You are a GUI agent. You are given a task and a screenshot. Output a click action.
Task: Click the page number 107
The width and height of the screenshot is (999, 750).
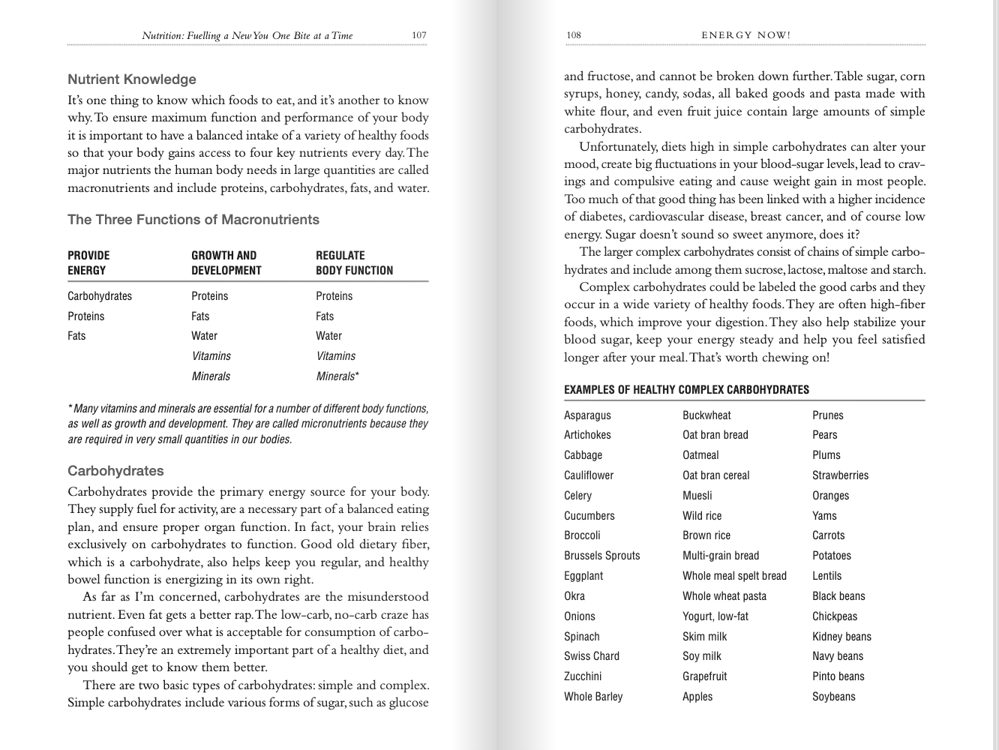tap(418, 35)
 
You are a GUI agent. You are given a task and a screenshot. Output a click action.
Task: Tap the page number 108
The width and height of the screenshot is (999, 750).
tap(574, 35)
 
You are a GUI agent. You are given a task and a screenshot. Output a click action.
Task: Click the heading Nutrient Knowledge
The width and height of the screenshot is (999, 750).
tap(132, 79)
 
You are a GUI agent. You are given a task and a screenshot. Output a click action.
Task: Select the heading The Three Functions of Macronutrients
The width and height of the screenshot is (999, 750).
tap(193, 220)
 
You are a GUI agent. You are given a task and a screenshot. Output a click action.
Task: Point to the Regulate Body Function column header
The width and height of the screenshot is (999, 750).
tap(354, 262)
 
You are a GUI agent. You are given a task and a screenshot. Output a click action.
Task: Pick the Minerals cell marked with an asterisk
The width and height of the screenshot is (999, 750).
tap(337, 376)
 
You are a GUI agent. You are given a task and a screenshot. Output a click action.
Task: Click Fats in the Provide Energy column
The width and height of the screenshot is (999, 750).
tap(76, 336)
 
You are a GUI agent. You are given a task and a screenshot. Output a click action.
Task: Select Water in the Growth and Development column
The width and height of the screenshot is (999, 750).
tap(204, 336)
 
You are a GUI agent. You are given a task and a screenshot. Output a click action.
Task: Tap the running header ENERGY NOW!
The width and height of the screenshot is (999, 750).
tap(745, 35)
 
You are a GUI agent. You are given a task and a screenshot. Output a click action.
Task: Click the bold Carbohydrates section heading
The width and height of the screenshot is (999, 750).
tap(115, 471)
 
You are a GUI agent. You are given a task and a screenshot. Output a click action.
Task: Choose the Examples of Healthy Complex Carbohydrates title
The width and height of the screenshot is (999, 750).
tap(686, 390)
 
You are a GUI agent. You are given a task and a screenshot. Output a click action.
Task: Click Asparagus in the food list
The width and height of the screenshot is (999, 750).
tap(587, 415)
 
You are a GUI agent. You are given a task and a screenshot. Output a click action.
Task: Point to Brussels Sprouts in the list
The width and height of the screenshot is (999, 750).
tap(601, 556)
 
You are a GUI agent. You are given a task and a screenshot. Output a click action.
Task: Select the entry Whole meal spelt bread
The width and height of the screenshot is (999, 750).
tap(734, 576)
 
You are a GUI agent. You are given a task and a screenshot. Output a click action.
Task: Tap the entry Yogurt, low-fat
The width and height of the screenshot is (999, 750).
tap(715, 616)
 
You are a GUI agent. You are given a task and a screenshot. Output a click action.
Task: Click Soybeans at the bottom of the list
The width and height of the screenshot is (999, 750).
tap(833, 697)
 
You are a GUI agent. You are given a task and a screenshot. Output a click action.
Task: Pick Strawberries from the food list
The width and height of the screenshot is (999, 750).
tap(840, 475)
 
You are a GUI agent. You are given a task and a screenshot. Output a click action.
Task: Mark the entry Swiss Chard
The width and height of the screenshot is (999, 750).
tap(592, 656)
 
